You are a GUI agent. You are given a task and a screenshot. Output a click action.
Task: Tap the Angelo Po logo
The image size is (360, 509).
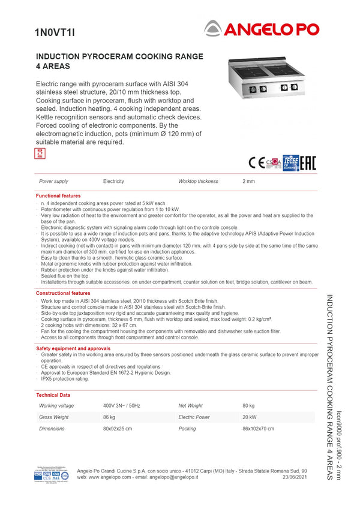[x=262, y=28]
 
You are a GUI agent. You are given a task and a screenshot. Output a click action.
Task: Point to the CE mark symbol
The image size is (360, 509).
[x=256, y=162]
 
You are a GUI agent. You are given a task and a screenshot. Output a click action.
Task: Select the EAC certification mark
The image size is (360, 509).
[x=308, y=162]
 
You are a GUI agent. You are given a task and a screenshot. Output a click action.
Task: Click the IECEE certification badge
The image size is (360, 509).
[x=291, y=162]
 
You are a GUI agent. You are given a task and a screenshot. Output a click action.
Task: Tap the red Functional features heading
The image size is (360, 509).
[x=58, y=196]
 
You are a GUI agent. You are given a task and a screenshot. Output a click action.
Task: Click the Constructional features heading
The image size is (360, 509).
[x=63, y=293]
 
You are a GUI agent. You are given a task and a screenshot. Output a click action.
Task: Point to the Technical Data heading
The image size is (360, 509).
[x=53, y=395]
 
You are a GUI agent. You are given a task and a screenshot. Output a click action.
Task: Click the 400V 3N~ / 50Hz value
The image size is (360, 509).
[x=122, y=406]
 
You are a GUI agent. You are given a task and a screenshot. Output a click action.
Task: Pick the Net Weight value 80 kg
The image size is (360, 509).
[x=248, y=406]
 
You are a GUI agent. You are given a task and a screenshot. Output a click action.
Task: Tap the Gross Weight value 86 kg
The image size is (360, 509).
[x=109, y=417]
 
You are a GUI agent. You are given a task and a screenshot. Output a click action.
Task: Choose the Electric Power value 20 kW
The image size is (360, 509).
[x=250, y=417]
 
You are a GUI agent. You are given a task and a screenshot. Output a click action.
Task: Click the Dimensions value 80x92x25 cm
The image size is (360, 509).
[x=118, y=429]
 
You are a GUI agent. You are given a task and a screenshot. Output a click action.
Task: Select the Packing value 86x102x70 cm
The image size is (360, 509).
[x=258, y=429]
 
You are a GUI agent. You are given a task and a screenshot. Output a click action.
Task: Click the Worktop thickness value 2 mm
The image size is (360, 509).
[x=248, y=181]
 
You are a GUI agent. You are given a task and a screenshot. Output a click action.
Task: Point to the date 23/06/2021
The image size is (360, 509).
[x=295, y=477]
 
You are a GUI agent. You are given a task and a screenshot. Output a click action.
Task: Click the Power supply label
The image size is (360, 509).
[x=53, y=181]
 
